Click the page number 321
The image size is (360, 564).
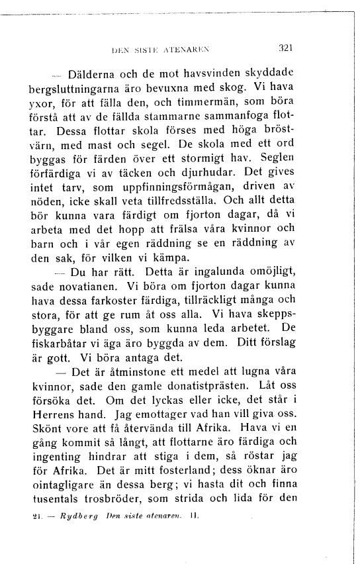(x=286, y=48)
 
